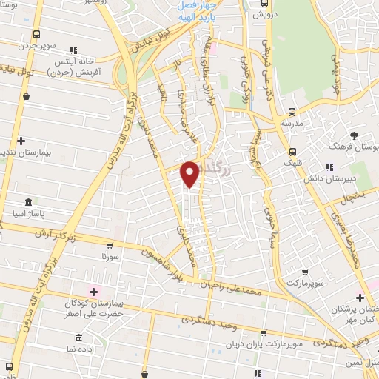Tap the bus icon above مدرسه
pyautogui.click(x=291, y=112)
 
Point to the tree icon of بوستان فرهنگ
pyautogui.click(x=355, y=135)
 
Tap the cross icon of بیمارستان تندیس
pyautogui.click(x=21, y=141)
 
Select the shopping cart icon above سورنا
pyautogui.click(x=110, y=246)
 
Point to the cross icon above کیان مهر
pyautogui.click(x=360, y=297)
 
